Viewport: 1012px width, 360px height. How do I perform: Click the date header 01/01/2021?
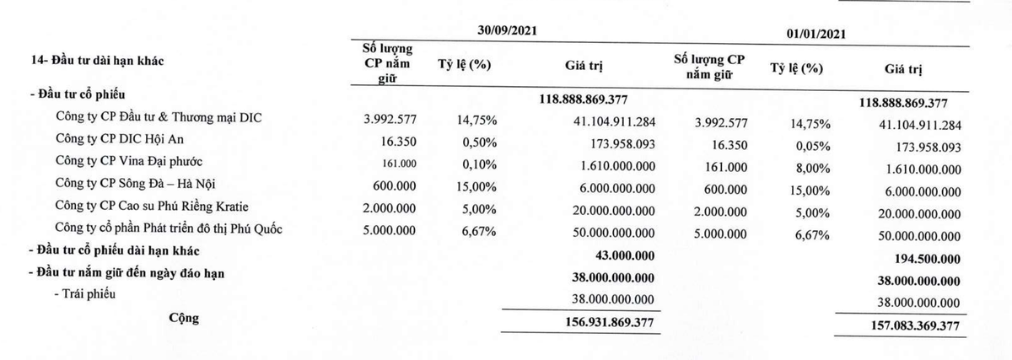coord(816,34)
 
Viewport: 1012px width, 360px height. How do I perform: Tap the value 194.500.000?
coord(924,260)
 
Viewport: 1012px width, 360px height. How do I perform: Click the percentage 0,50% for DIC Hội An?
coord(479,142)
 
